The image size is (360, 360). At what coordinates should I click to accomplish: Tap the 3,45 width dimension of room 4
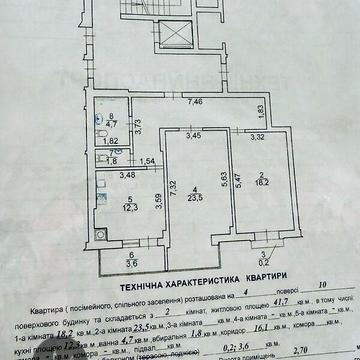coord(194,134)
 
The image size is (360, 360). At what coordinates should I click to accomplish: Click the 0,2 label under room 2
coord(262,265)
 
